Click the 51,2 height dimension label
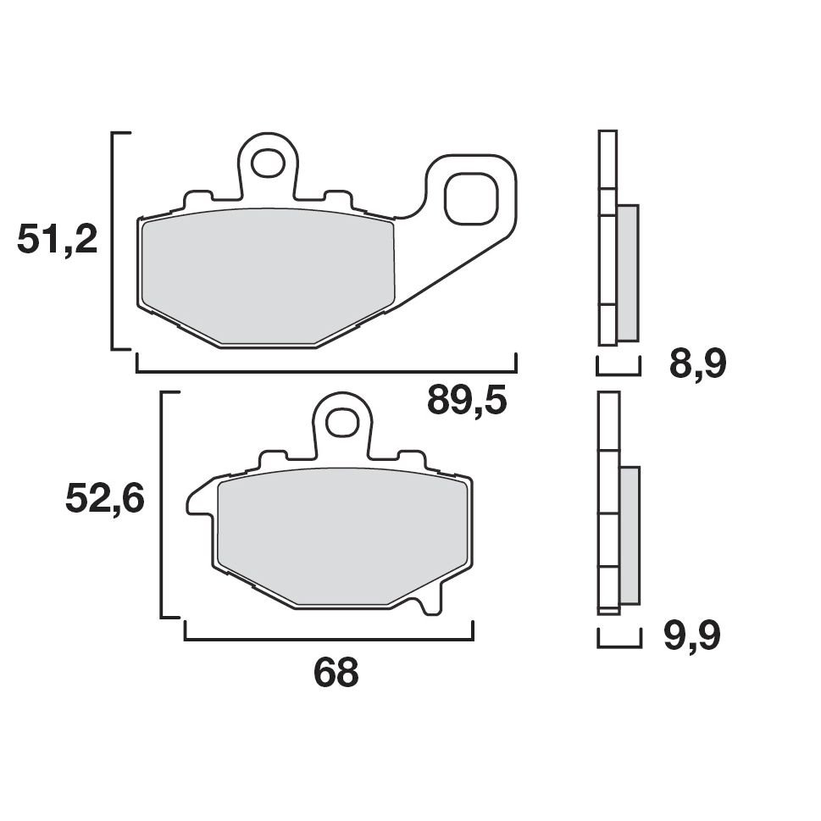58,241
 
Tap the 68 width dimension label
336,673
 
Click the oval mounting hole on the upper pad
269,163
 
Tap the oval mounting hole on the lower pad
342,421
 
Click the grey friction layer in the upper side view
628,272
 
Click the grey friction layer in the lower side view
630,535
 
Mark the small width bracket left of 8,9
619,372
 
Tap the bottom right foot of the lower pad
431,605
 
